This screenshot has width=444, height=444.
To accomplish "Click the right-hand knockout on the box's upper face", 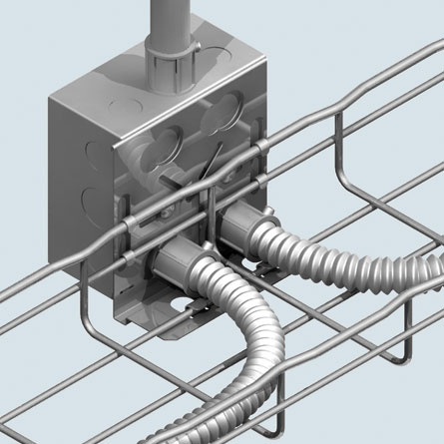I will [x=221, y=119].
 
